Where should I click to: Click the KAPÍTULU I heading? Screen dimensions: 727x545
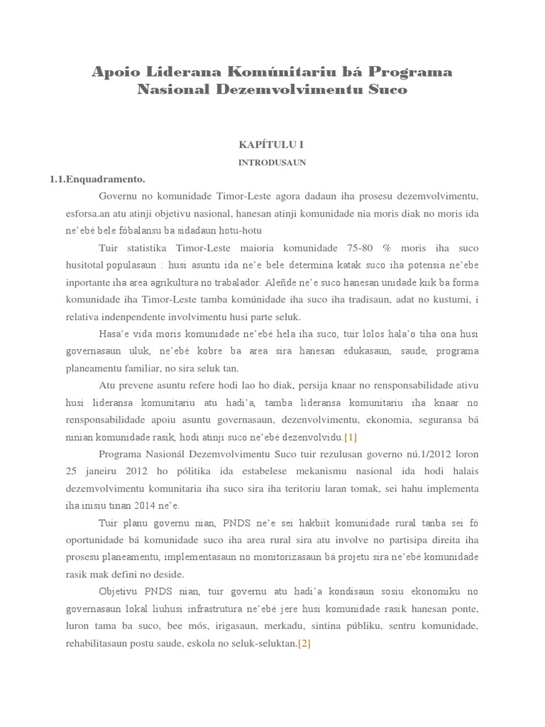click(x=272, y=144)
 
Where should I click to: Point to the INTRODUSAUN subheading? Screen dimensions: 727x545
click(x=272, y=162)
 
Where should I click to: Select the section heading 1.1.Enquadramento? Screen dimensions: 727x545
click(x=97, y=179)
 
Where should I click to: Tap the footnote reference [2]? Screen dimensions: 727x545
click(x=304, y=644)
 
